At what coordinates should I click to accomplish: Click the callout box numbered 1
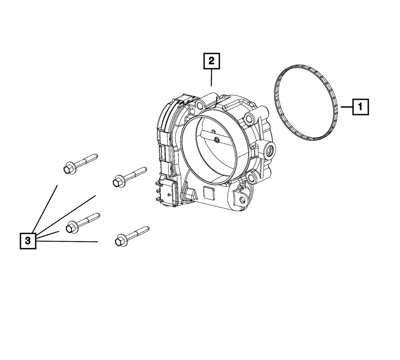[360, 107]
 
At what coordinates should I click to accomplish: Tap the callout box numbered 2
[212, 61]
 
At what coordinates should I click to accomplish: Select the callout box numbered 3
[28, 240]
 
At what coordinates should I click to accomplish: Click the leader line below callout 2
[212, 77]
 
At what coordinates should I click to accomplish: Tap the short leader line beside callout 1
[347, 107]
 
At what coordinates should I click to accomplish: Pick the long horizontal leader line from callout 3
[67, 241]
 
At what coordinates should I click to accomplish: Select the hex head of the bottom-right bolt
[121, 240]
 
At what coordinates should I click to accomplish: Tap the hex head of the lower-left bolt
[71, 227]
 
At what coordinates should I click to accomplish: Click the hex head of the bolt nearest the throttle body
[118, 182]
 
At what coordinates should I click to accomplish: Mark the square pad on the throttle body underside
[209, 193]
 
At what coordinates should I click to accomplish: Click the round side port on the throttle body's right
[269, 151]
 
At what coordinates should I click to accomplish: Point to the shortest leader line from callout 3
[48, 235]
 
